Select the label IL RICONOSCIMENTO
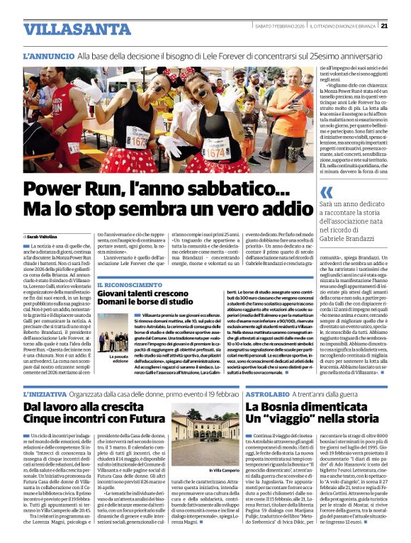[126, 284]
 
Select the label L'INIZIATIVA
[46, 392]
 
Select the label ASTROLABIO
[268, 392]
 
